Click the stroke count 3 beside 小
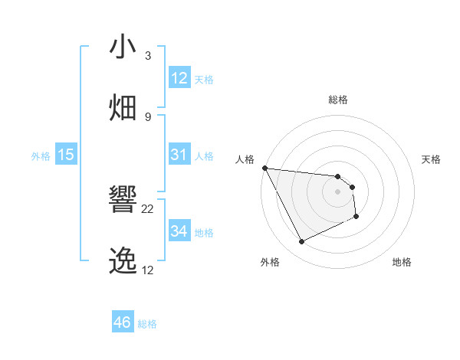point(148,56)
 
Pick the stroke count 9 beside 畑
point(148,116)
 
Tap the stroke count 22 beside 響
point(148,209)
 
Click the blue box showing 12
point(179,78)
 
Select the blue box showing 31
point(179,155)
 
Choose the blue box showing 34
point(179,231)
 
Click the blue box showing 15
point(66,155)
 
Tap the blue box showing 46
point(122,322)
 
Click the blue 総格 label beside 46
point(147,324)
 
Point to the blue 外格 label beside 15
point(41,155)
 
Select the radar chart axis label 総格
point(338,100)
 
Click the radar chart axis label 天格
point(432,159)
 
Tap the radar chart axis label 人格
point(245,159)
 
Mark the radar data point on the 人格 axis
point(264,168)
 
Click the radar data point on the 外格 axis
point(301,242)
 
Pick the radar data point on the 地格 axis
point(356,217)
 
